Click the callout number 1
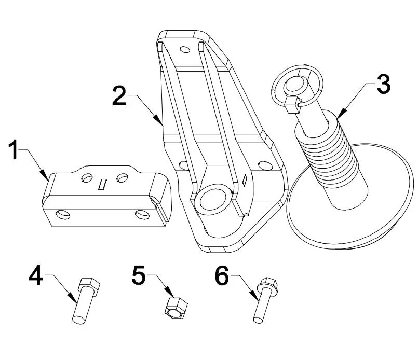pyautogui.click(x=16, y=153)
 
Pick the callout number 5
pyautogui.click(x=139, y=275)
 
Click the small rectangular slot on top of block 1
pyautogui.click(x=103, y=184)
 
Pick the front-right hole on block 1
pyautogui.click(x=142, y=214)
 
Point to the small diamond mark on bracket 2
pyautogui.click(x=243, y=181)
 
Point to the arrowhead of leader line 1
pyautogui.click(x=48, y=179)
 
